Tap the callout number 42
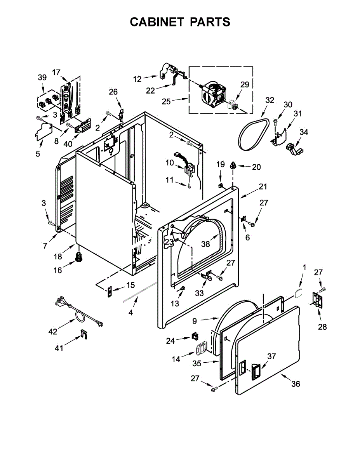53,331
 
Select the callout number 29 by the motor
244,84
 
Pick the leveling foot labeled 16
79,257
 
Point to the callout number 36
296,384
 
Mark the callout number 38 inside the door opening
205,244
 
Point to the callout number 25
166,102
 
